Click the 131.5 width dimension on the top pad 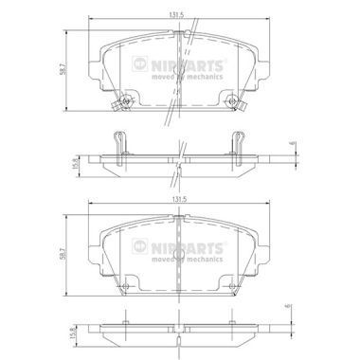click(x=176, y=14)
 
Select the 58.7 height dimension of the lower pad click(x=63, y=254)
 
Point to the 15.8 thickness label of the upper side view click(x=75, y=164)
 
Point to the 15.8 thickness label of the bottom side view click(x=74, y=333)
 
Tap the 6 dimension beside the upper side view click(x=292, y=143)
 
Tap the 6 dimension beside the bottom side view click(x=287, y=307)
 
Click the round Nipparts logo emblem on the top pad click(x=139, y=63)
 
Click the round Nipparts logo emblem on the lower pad click(x=139, y=246)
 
